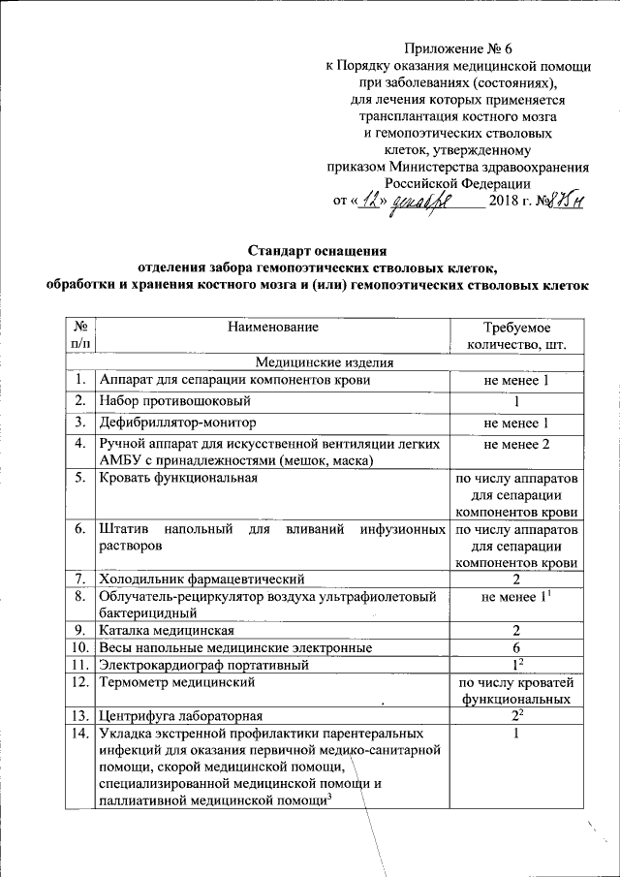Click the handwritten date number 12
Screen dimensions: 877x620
(373, 200)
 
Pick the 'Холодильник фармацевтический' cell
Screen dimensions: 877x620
(201, 579)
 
